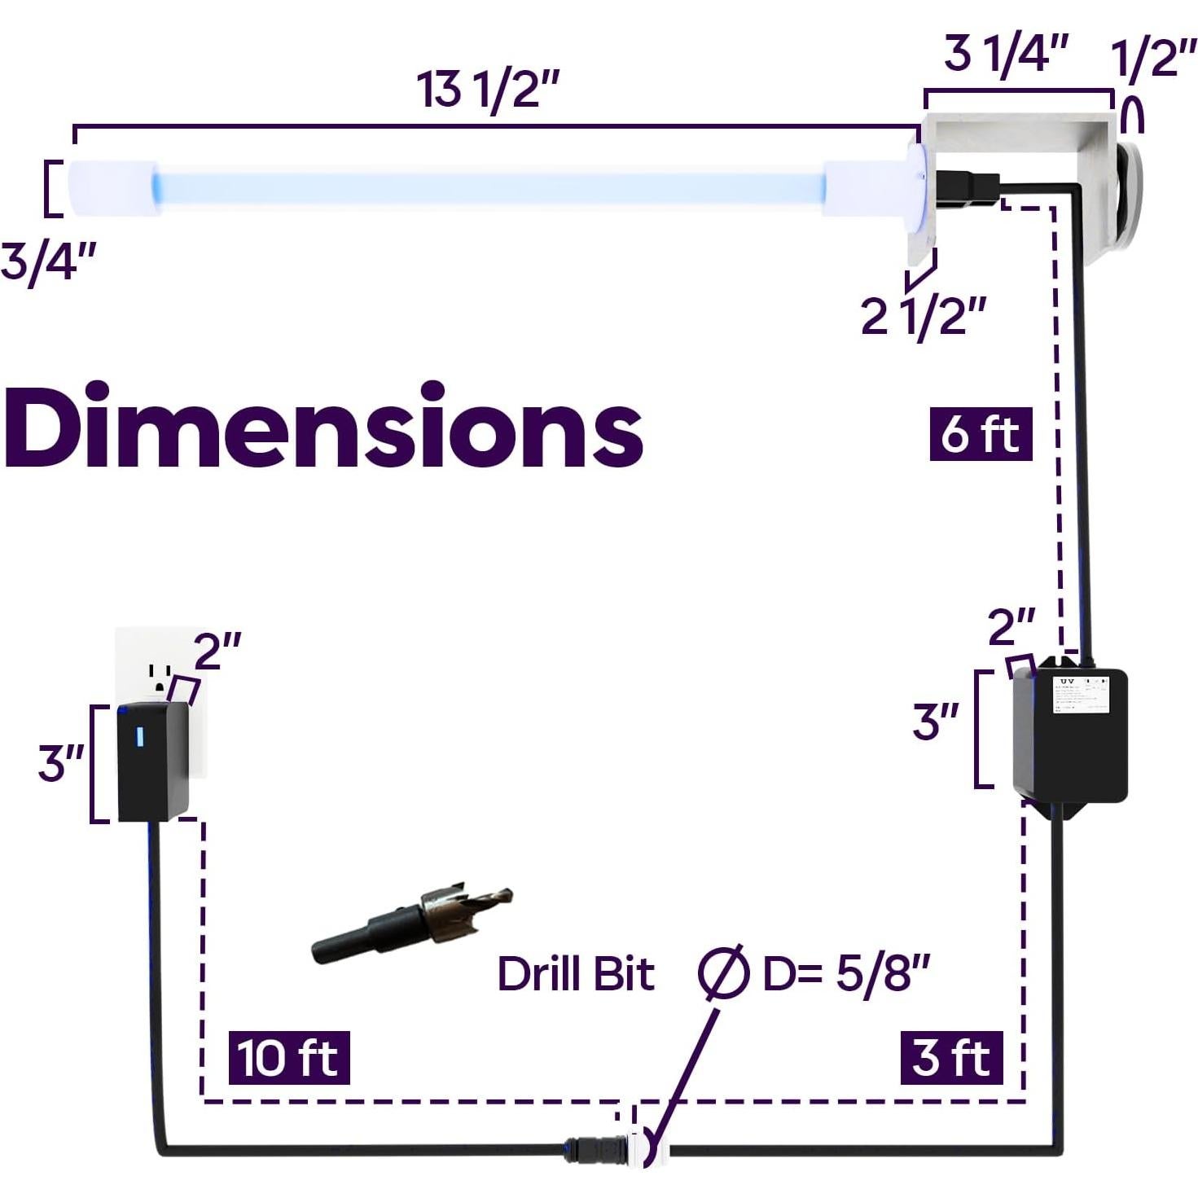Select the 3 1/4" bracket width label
[1005, 55]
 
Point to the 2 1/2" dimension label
[924, 315]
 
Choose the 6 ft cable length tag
[981, 433]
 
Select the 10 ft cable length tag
[288, 1057]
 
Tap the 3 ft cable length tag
[951, 1057]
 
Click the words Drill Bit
[576, 973]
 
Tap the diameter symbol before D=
[722, 972]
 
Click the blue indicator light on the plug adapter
[139, 736]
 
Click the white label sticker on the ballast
[1080, 695]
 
